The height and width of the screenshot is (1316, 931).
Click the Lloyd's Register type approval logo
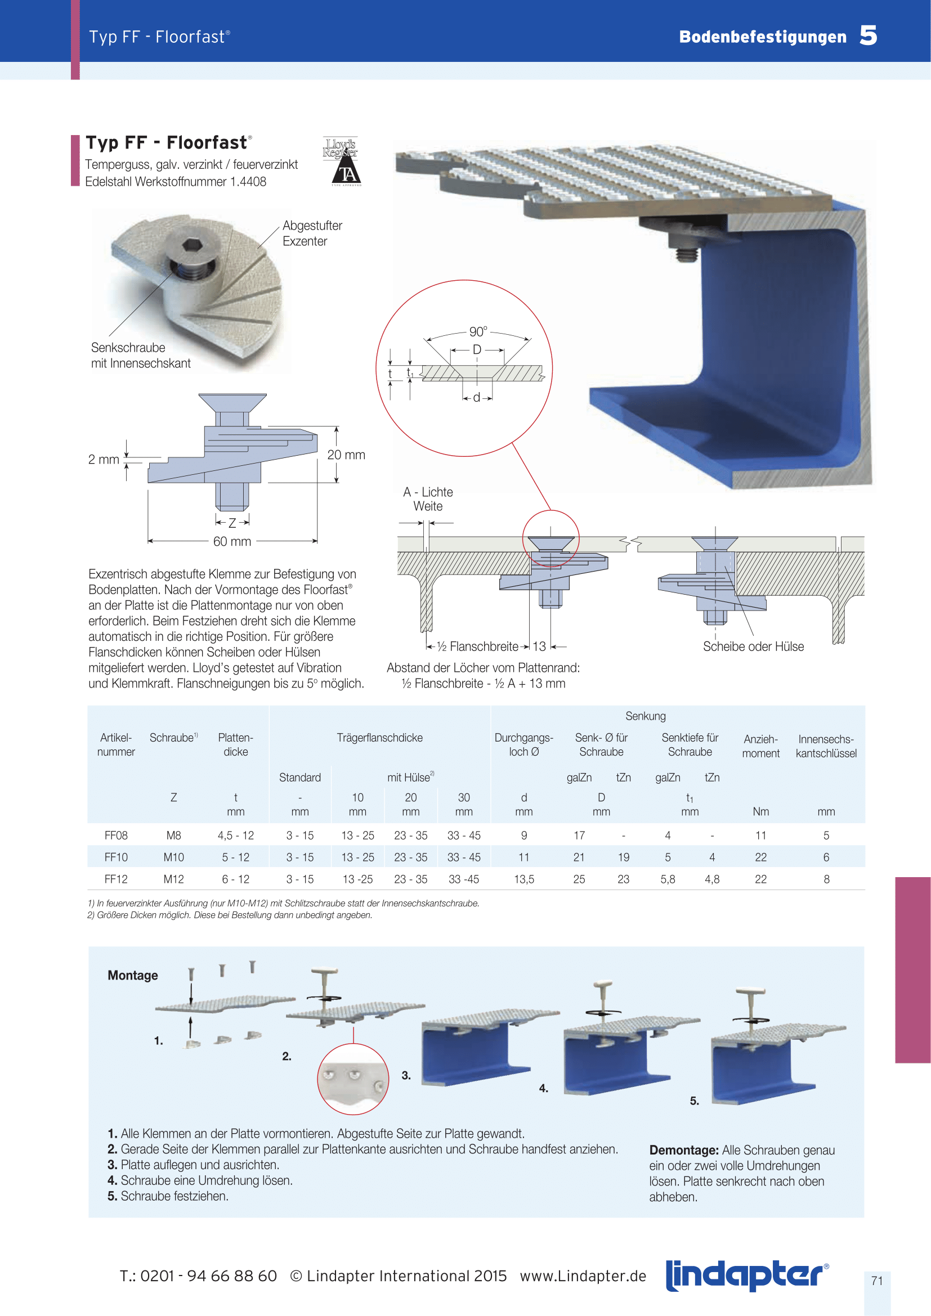coord(342,161)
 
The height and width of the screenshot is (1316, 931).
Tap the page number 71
coord(876,1281)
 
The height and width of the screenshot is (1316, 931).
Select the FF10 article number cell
coord(116,857)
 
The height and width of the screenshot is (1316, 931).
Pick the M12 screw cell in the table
coord(174,879)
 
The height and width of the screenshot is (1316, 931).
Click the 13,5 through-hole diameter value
coord(524,879)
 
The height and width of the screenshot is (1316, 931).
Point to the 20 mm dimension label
coord(346,455)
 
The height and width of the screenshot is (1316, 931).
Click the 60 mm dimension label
coord(232,541)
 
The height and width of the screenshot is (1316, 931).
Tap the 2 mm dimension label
coord(104,459)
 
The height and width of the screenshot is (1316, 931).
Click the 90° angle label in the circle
coord(477,331)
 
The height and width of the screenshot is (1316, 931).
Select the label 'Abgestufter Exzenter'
coord(312,233)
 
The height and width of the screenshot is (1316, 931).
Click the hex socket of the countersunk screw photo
coord(190,246)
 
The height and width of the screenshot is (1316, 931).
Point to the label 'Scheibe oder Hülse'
coord(753,646)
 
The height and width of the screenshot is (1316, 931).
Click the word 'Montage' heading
coord(132,975)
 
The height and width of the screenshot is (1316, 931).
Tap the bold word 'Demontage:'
coord(683,1150)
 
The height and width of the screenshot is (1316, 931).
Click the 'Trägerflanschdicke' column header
coord(379,738)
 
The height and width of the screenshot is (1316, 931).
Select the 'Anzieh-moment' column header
coord(761,745)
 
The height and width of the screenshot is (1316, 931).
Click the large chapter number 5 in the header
coord(868,35)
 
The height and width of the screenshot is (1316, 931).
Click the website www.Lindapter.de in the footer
coord(583,1276)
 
